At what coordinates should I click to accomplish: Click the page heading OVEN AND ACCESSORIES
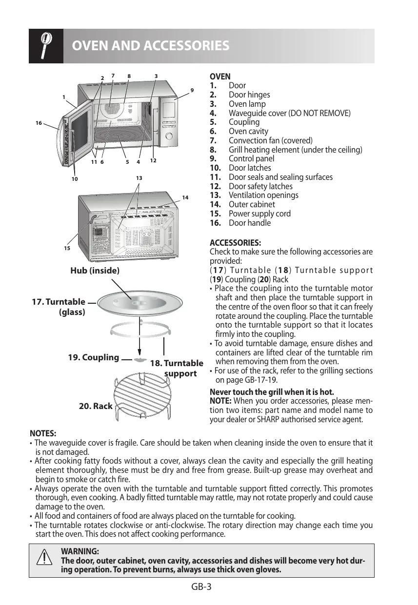point(151,46)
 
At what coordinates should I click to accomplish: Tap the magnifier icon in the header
point(46,46)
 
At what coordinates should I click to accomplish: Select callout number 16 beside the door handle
point(39,123)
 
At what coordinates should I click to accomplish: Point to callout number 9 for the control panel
point(192,90)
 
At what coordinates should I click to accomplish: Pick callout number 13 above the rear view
point(139,178)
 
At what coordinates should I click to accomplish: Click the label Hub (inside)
point(95,270)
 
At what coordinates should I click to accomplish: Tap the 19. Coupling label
point(93,357)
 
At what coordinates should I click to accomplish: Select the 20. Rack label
point(96,406)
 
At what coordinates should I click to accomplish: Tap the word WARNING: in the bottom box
point(80,551)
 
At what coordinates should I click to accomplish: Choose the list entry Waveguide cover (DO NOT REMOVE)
point(289,113)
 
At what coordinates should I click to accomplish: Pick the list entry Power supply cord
point(259,214)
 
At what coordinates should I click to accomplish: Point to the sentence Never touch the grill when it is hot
point(265,392)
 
